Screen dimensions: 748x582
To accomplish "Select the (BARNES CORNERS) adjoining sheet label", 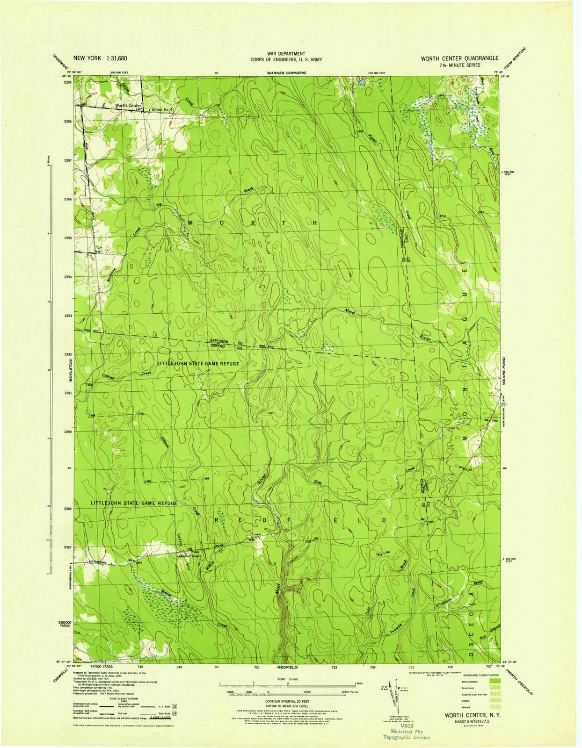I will tap(286, 73).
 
